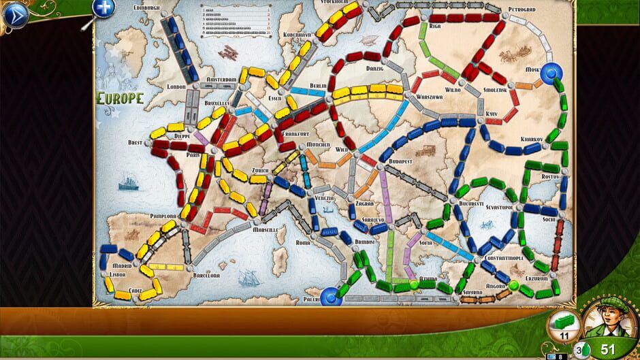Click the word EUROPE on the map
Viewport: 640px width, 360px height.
coord(121,98)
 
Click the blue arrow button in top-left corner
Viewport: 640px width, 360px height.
coord(15,14)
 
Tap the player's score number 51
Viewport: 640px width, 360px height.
coord(608,350)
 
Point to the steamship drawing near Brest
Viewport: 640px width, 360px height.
coord(129,182)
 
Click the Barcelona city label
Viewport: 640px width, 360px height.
coord(205,276)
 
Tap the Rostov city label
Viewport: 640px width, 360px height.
coord(548,176)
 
